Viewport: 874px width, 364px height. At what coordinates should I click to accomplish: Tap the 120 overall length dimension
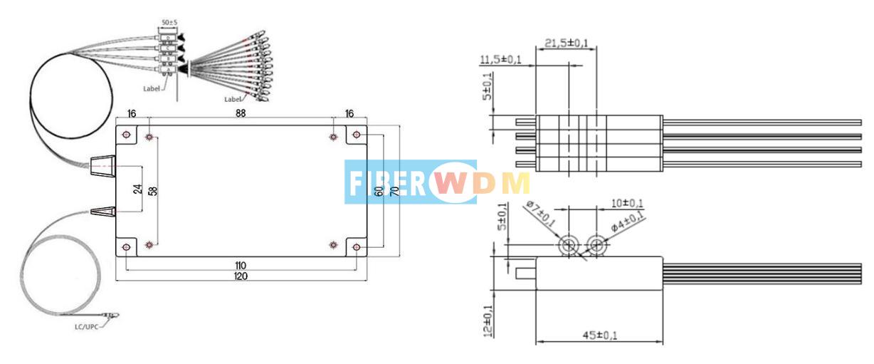[x=241, y=276]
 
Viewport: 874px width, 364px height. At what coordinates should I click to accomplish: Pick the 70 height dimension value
[x=393, y=190]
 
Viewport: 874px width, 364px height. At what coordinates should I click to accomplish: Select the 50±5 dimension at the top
[x=169, y=23]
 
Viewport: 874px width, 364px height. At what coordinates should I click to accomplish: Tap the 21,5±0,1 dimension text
[x=567, y=43]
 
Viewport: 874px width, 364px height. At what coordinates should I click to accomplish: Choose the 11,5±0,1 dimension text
[x=501, y=59]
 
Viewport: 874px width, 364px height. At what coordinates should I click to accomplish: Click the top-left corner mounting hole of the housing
[x=126, y=135]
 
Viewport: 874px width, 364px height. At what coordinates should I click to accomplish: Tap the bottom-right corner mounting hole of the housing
[x=357, y=246]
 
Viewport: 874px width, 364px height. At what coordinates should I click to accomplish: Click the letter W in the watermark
[x=446, y=182]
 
